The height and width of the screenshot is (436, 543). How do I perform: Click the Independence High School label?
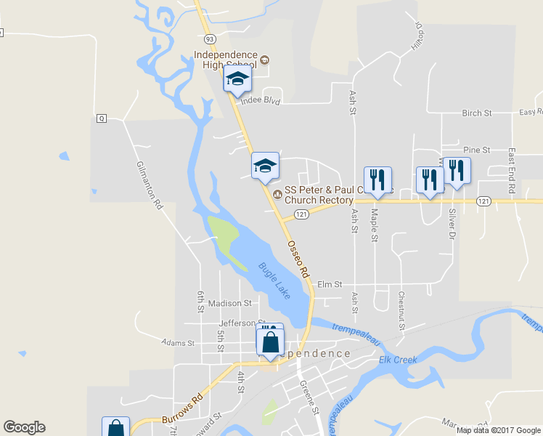(x=226, y=60)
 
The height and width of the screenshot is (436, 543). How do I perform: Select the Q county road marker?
(x=101, y=118)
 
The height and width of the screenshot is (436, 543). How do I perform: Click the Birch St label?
(x=477, y=113)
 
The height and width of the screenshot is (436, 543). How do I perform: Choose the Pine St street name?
(x=477, y=150)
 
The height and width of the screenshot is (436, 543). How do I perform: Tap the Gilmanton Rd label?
(x=150, y=185)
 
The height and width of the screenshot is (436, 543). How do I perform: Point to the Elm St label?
(x=330, y=284)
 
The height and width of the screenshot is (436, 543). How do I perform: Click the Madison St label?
(x=229, y=303)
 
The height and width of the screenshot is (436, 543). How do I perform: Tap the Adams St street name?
(x=179, y=342)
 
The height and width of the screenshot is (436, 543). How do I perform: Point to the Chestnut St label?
(x=401, y=310)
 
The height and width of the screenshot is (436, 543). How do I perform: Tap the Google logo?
(x=24, y=427)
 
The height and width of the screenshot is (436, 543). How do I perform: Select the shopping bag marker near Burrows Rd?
(x=115, y=427)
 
